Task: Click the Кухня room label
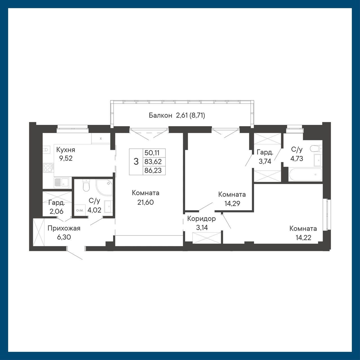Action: [x=66, y=150]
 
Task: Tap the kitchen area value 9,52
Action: [x=66, y=158]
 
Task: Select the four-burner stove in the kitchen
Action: [x=48, y=167]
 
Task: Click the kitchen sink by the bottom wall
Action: [x=62, y=183]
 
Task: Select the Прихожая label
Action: [x=64, y=228]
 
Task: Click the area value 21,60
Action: [x=145, y=202]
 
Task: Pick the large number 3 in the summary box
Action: [x=136, y=161]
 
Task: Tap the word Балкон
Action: [x=160, y=116]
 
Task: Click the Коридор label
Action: [x=201, y=219]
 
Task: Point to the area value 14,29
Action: [x=232, y=203]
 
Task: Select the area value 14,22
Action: [x=303, y=238]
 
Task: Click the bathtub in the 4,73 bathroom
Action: [x=305, y=174]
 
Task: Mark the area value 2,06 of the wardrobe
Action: [x=57, y=211]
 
